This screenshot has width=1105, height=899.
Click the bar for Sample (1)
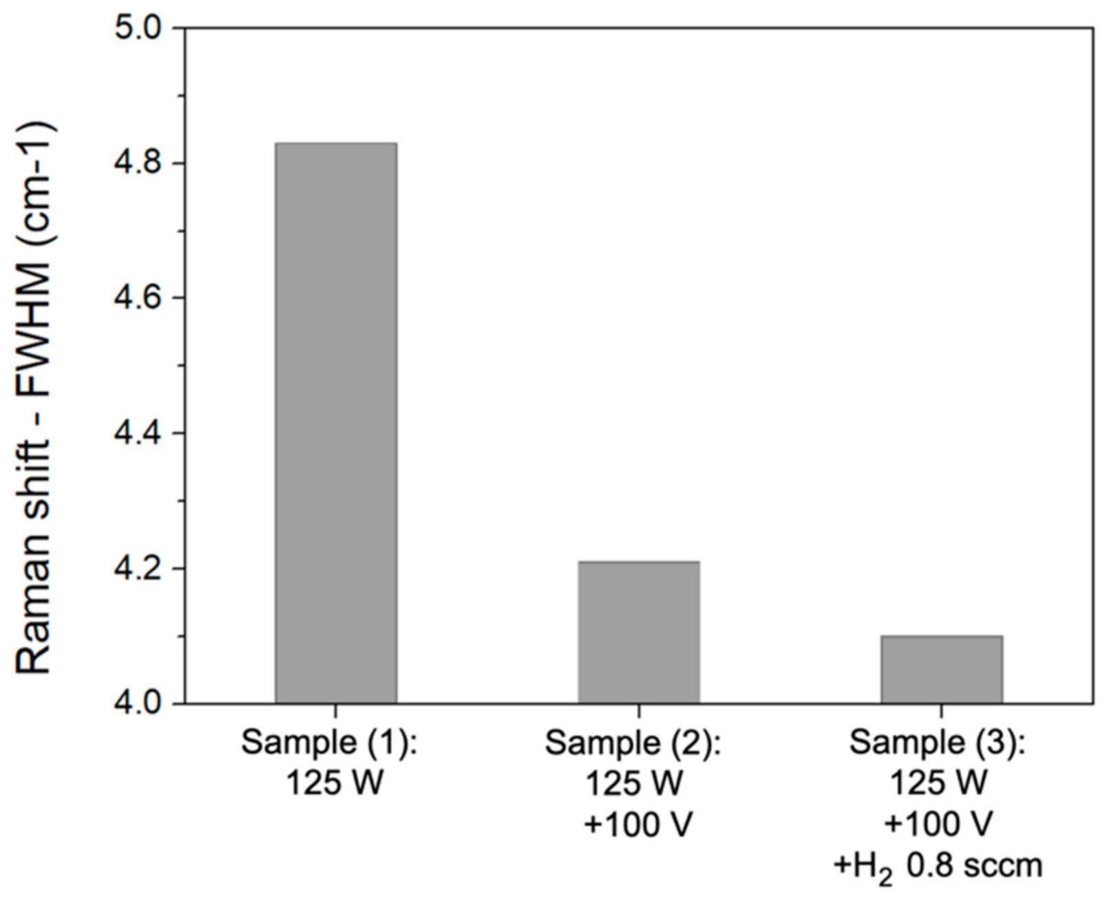(336, 423)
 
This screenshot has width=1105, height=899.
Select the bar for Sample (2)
(639, 632)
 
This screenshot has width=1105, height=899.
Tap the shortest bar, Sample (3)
(941, 670)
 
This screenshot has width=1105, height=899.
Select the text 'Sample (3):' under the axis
(937, 743)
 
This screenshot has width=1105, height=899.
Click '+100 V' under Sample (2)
(637, 825)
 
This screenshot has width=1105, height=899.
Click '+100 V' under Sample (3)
(940, 825)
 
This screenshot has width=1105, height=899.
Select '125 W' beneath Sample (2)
(635, 784)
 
